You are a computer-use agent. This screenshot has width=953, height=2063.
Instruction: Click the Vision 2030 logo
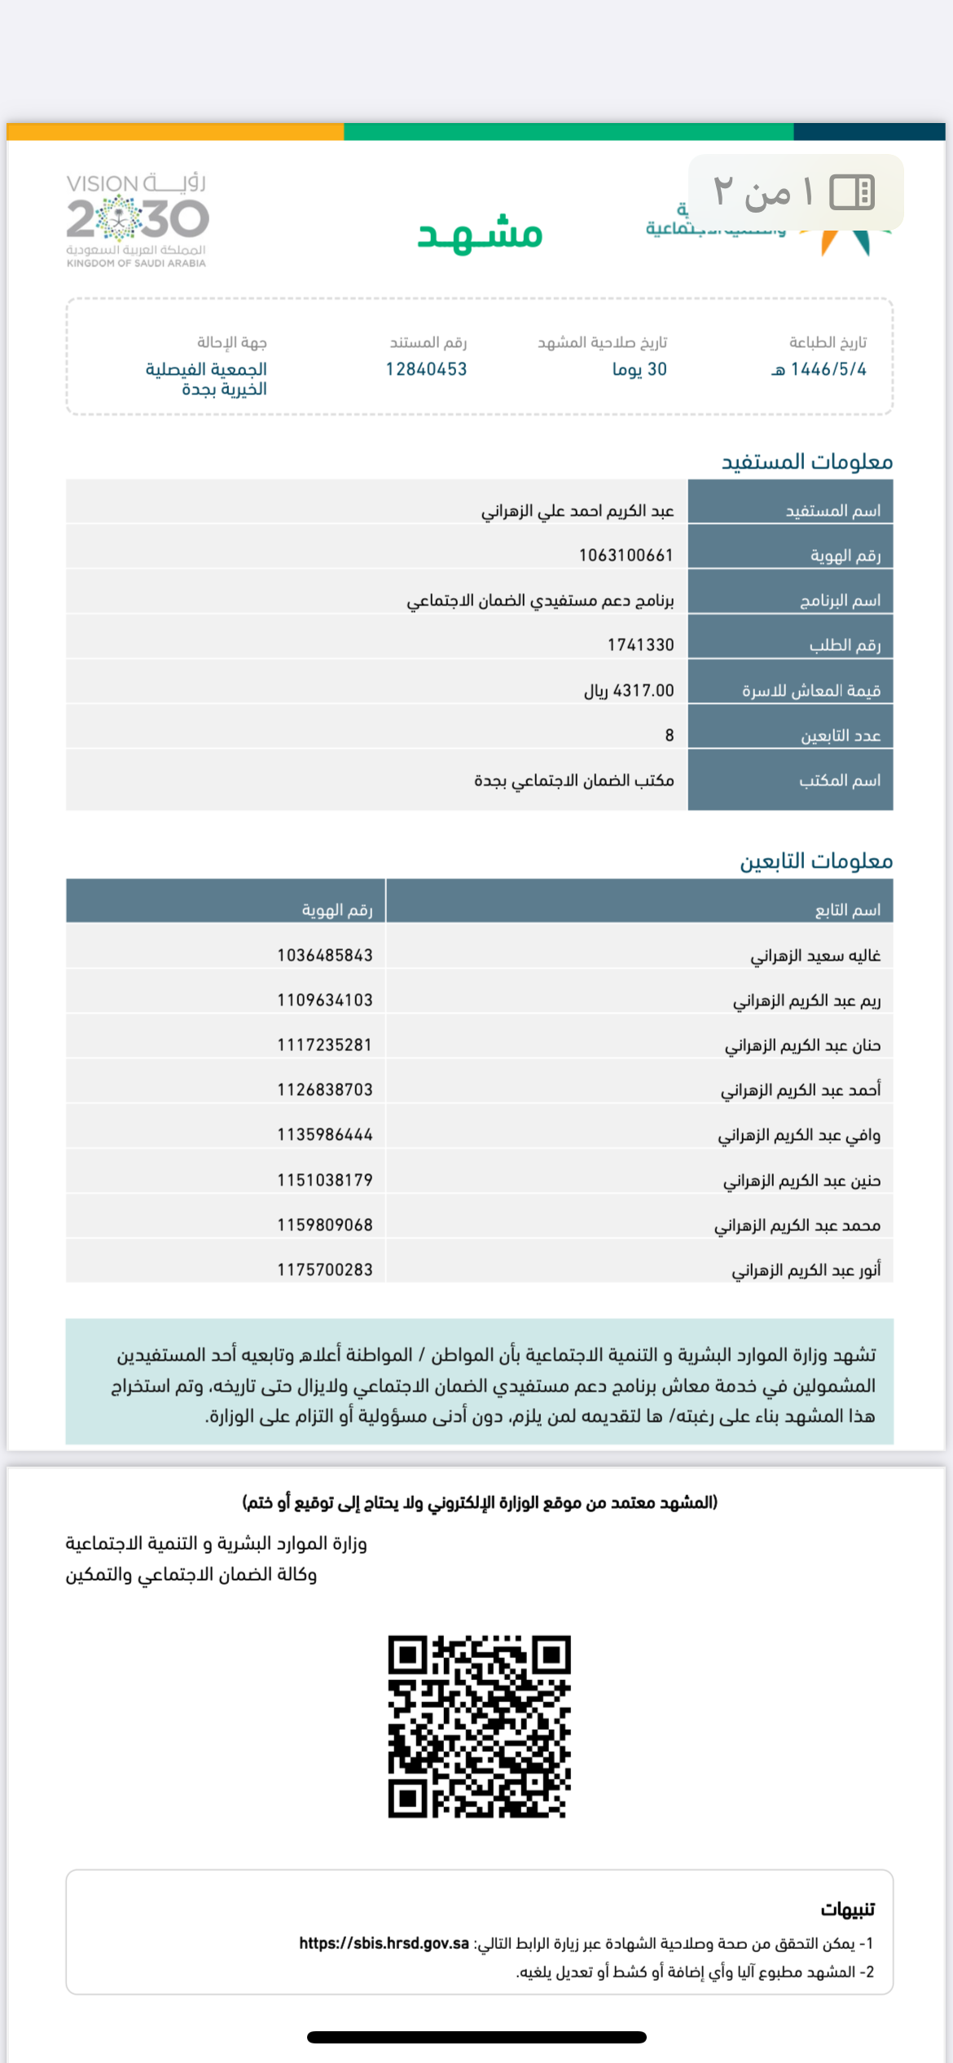[x=137, y=219]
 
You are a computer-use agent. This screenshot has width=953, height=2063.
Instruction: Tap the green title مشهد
[x=480, y=233]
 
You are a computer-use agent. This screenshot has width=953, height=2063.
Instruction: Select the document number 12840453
[x=426, y=369]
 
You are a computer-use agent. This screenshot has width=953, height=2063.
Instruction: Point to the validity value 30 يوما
[x=639, y=369]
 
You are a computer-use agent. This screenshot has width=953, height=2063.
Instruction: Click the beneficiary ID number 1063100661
[x=626, y=555]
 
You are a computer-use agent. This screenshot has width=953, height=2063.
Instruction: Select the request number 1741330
[x=640, y=644]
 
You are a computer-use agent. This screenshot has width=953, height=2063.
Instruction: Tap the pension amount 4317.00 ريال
[x=629, y=690]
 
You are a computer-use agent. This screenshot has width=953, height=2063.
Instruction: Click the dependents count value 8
[x=669, y=735]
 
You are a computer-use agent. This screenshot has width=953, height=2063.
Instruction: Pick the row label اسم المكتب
[x=839, y=780]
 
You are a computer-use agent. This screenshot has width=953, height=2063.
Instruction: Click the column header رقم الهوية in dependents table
[x=337, y=909]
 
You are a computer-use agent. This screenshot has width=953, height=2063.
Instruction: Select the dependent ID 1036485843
[x=324, y=955]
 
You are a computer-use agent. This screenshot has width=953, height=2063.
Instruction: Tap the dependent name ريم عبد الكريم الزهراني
[x=806, y=1000]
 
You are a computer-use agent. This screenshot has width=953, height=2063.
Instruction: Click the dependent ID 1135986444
[x=324, y=1134]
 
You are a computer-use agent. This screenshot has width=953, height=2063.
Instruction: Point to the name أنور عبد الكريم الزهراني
[x=806, y=1269]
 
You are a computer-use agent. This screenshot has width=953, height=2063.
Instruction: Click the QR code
[x=479, y=1726]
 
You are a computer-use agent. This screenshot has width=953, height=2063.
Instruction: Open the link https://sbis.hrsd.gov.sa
[x=384, y=1943]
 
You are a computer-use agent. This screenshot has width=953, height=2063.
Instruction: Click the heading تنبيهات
[x=847, y=1909]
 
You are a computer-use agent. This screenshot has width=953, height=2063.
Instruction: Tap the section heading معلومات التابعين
[x=815, y=861]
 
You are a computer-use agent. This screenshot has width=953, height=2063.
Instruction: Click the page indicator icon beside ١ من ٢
[x=852, y=192]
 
